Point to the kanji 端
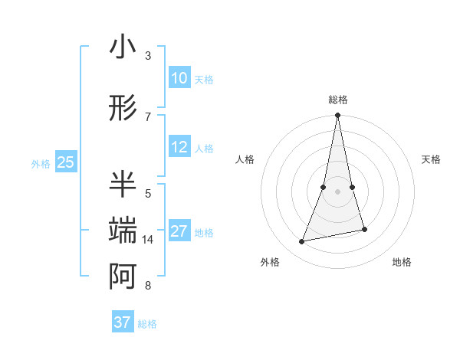[123, 231]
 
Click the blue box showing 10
[179, 77]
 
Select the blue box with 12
[179, 147]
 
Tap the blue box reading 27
[179, 231]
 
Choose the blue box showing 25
[65, 162]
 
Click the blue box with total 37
[123, 322]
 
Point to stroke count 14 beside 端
[148, 240]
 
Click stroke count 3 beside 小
[148, 56]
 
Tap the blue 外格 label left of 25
[41, 163]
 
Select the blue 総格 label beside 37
[147, 324]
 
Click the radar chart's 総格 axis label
[337, 100]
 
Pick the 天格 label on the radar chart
[432, 159]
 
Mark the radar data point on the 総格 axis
[337, 116]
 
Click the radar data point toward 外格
[302, 242]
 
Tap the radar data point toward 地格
[364, 230]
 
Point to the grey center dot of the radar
[337, 191]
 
